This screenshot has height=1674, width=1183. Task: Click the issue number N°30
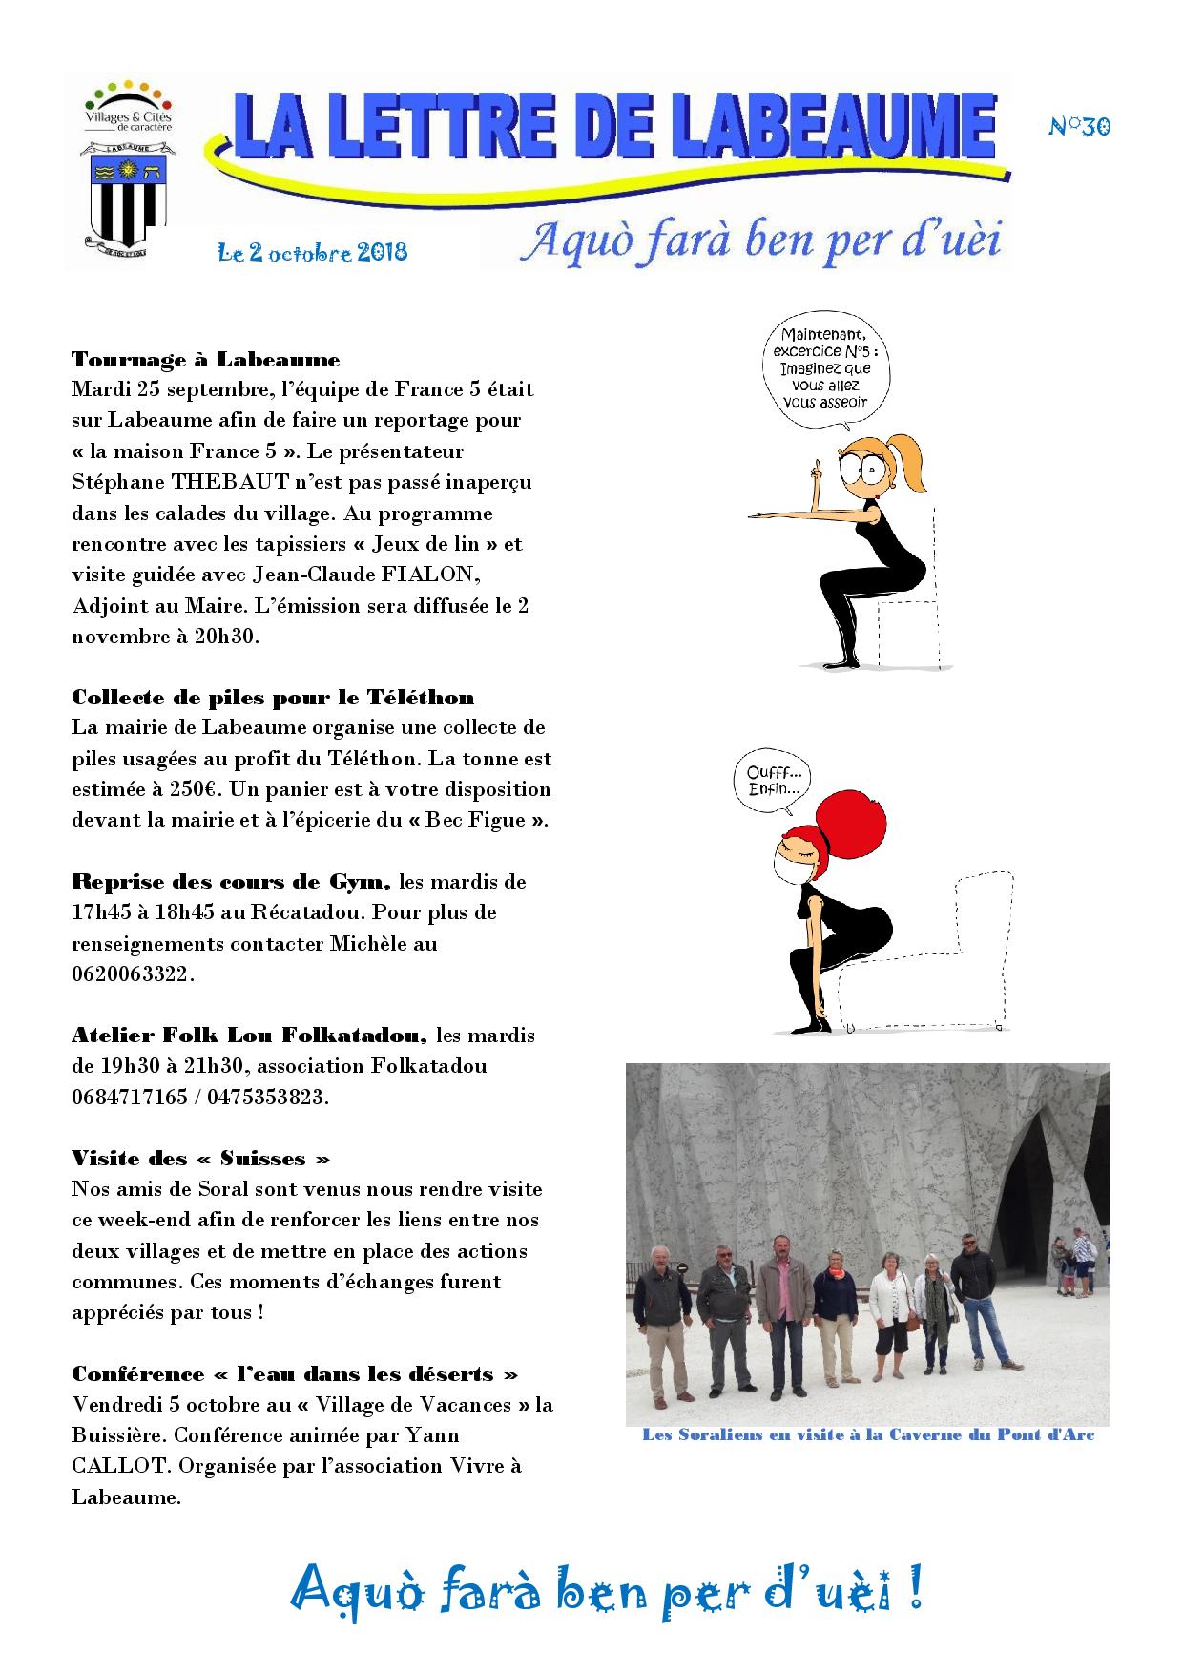click(x=1080, y=126)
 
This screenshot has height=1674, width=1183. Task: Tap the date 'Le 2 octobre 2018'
click(x=313, y=252)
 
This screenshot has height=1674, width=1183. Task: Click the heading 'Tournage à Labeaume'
click(x=206, y=360)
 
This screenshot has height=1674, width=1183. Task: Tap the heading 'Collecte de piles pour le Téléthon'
click(x=273, y=698)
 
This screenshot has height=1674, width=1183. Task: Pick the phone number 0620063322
click(x=131, y=974)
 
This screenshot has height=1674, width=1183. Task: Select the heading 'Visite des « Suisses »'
click(x=201, y=1159)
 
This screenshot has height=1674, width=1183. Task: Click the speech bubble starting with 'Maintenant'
click(x=822, y=367)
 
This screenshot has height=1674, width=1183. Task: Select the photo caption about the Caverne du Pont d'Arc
click(x=868, y=1435)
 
